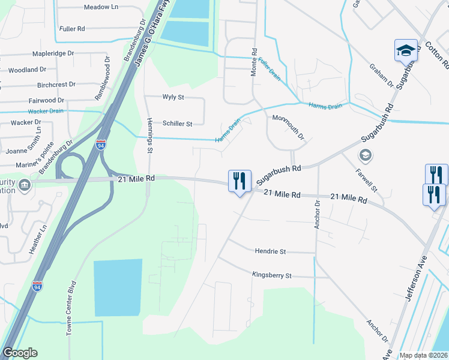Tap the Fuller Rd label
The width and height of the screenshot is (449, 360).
coord(72,28)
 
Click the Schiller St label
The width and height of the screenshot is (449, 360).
coord(177,124)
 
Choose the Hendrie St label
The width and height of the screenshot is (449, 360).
coord(271,251)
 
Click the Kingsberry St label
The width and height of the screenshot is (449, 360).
coord(271,275)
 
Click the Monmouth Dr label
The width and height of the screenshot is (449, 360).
coord(289,128)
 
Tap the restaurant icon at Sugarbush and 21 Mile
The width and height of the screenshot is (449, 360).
coord(238,181)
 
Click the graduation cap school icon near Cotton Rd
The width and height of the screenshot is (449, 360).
coord(406,50)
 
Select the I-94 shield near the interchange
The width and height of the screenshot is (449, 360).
coord(101,145)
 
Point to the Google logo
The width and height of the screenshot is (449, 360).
coord(20,353)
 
